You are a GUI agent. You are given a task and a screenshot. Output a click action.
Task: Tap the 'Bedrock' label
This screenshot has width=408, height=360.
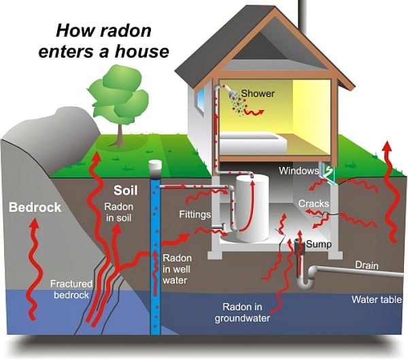tap(35, 206)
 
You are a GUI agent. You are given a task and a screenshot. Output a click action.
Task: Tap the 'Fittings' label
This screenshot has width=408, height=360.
tap(194, 214)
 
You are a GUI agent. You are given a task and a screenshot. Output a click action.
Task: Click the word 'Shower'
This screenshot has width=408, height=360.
tap(258, 93)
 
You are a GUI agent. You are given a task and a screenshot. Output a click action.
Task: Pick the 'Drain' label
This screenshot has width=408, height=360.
tap(366, 266)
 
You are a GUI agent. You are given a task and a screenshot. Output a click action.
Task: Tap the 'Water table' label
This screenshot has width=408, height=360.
tap(376, 300)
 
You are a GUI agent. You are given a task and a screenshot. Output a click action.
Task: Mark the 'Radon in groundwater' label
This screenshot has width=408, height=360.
tap(243, 312)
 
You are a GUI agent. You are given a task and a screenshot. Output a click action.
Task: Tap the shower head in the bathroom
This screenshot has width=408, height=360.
tap(232, 94)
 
